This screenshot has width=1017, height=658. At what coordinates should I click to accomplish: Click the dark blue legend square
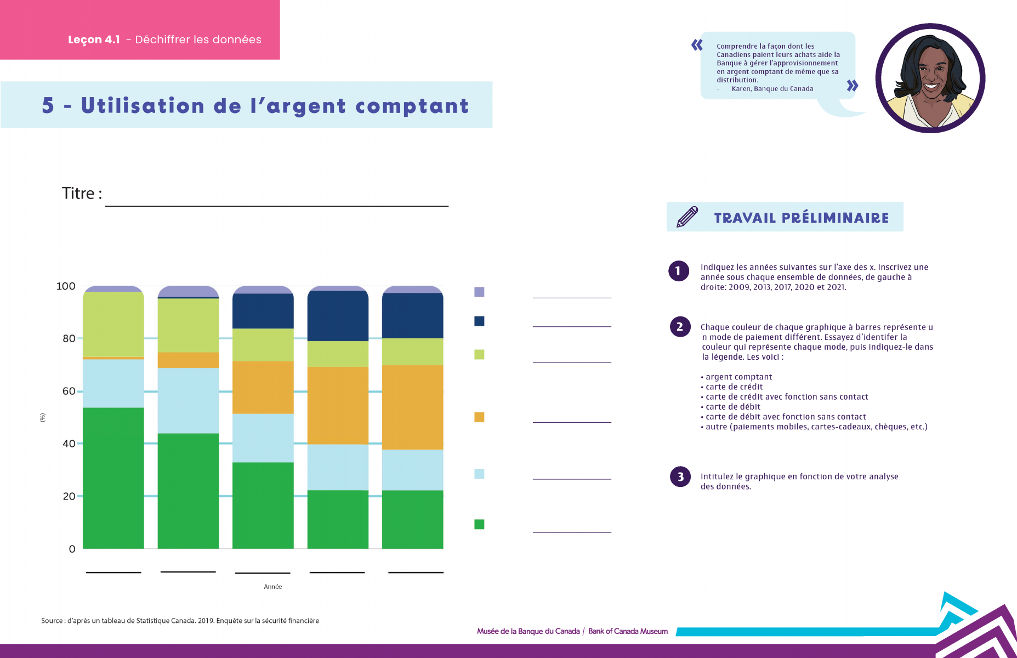click(x=479, y=321)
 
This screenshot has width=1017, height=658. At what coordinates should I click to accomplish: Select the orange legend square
click(x=479, y=417)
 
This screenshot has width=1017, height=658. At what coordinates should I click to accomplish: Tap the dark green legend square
click(x=479, y=524)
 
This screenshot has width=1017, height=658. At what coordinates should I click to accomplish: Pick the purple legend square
click(x=479, y=292)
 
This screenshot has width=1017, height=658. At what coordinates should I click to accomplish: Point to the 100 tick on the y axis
click(x=66, y=286)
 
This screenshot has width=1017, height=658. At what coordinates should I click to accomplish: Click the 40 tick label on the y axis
click(x=69, y=444)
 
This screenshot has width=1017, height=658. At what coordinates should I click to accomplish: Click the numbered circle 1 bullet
click(x=679, y=271)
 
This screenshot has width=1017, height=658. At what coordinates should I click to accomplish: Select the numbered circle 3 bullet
click(x=680, y=477)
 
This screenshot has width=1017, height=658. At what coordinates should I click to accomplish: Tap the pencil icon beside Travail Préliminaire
click(x=688, y=217)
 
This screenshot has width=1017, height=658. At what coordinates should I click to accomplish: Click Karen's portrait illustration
click(x=930, y=78)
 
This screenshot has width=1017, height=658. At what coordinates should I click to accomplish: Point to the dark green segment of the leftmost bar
click(x=113, y=478)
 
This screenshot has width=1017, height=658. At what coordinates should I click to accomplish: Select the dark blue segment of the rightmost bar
click(x=412, y=316)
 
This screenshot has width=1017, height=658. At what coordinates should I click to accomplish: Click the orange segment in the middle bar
click(x=263, y=387)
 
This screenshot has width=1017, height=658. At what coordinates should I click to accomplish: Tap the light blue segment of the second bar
click(x=188, y=400)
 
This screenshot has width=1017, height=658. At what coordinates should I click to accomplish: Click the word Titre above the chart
click(x=78, y=194)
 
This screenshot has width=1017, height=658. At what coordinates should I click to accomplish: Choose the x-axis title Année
click(x=272, y=587)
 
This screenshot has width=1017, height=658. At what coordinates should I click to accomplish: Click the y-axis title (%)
click(x=43, y=417)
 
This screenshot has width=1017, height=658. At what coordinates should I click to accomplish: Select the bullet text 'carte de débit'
click(x=733, y=407)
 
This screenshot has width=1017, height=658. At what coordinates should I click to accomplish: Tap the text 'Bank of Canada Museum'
click(x=628, y=631)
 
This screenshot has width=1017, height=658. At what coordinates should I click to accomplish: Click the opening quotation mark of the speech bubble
click(x=697, y=45)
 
